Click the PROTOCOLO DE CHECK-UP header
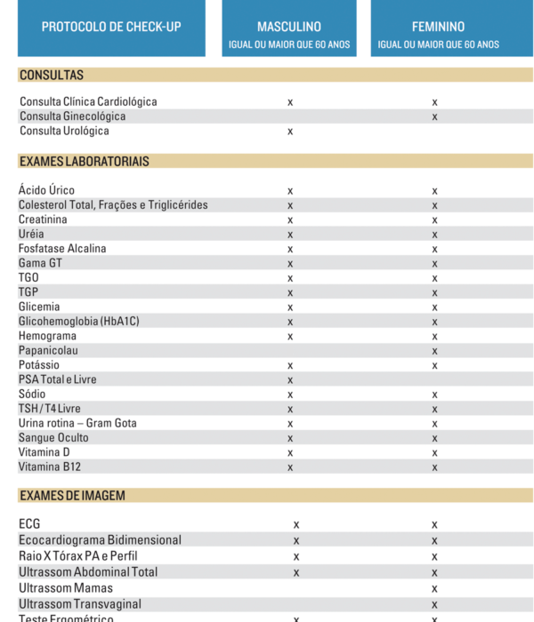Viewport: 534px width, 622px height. click(111, 27)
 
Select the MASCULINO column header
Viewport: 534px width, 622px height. click(289, 28)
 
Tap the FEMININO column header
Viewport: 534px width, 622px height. click(438, 28)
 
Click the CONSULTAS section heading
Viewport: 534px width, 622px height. click(52, 76)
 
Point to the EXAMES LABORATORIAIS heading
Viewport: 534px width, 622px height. click(84, 162)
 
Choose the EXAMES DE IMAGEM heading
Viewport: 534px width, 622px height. click(72, 496)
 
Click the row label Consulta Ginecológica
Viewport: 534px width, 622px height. click(72, 116)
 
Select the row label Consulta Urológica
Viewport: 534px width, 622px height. click(64, 132)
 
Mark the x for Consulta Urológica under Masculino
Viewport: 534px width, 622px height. click(290, 132)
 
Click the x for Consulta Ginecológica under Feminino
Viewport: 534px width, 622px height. click(434, 116)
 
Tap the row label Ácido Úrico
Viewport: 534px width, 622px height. click(46, 190)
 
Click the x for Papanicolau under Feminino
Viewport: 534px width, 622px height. click(434, 351)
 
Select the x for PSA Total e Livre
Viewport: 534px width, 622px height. click(290, 380)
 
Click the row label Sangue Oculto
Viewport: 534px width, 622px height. click(53, 438)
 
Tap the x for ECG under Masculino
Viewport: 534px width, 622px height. click(296, 524)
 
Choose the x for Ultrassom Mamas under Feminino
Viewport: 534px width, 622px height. click(434, 588)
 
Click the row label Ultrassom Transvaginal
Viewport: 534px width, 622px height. click(80, 604)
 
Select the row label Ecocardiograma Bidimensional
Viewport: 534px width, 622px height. click(100, 540)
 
